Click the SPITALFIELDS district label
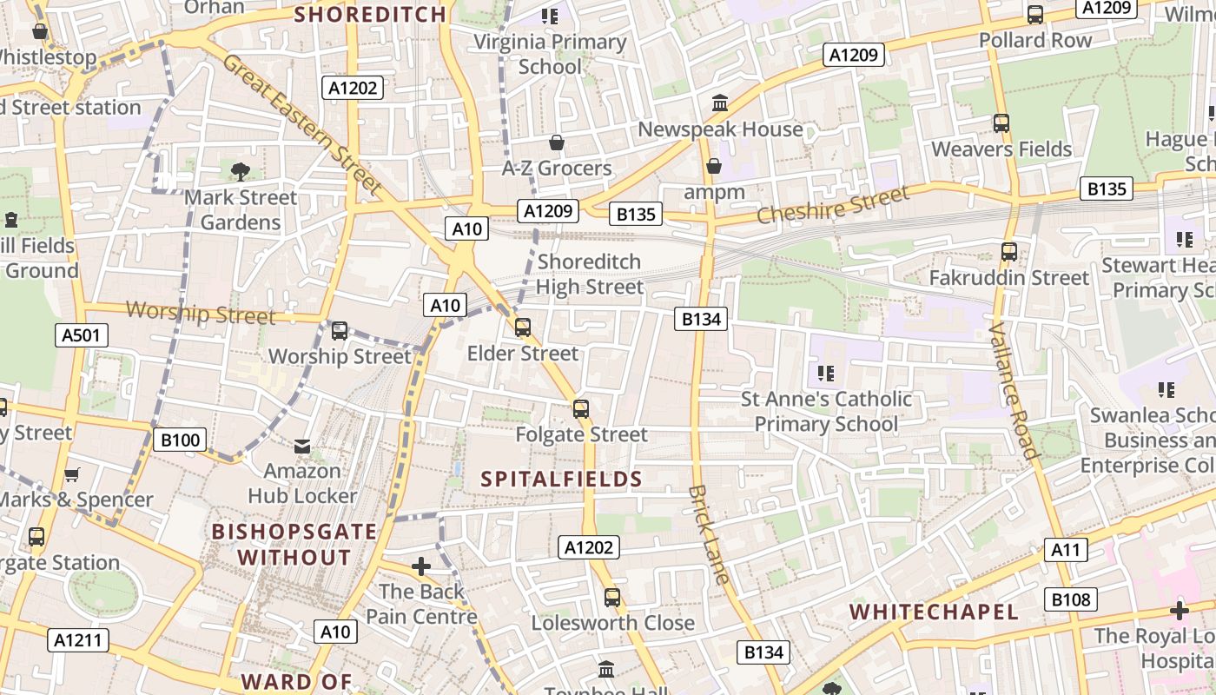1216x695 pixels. click(x=562, y=479)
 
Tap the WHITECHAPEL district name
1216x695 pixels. click(x=934, y=612)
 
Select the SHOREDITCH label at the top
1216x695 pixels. click(x=370, y=14)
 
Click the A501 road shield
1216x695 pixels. click(x=83, y=335)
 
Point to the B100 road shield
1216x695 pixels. click(x=181, y=440)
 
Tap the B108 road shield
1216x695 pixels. click(x=1073, y=599)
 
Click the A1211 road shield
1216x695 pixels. click(x=78, y=641)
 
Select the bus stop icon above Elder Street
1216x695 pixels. click(x=522, y=328)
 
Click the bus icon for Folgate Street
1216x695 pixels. click(x=581, y=408)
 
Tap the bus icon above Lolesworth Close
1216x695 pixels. click(x=612, y=597)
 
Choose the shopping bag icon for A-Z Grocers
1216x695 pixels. click(x=557, y=142)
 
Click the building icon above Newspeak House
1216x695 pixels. click(x=720, y=104)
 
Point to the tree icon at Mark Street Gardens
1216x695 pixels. click(x=241, y=171)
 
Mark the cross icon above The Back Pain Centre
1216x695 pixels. click(x=421, y=566)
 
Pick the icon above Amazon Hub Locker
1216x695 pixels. click(x=302, y=446)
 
